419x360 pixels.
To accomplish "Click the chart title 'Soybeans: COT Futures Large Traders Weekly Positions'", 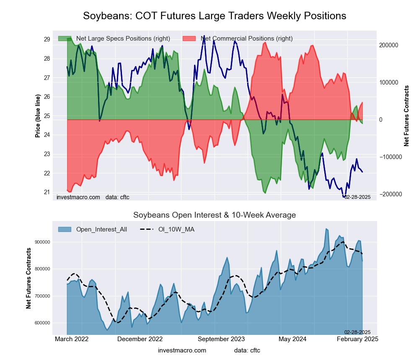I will (x=215, y=16).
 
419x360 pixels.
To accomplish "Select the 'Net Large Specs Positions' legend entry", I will (x=114, y=39).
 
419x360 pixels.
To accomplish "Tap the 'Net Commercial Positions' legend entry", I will (x=246, y=39).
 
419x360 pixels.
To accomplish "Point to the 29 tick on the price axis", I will (x=47, y=39).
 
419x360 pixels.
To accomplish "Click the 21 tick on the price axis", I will (x=47, y=193).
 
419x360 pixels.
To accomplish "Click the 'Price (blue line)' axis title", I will (x=38, y=116).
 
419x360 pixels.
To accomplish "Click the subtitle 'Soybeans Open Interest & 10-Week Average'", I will (x=215, y=215).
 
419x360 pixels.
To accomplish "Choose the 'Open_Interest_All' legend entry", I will (x=101, y=229).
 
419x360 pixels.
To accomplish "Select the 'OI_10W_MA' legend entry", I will (x=176, y=229).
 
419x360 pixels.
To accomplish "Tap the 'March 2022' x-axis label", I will (x=72, y=339).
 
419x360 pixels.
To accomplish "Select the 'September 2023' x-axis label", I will (x=221, y=339).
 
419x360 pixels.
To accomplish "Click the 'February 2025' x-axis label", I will (x=357, y=339).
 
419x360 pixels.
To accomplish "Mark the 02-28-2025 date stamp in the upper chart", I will (x=357, y=197).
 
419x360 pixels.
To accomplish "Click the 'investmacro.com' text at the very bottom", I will (x=182, y=350).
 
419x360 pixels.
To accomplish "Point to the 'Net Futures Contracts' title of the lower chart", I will (x=29, y=278).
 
